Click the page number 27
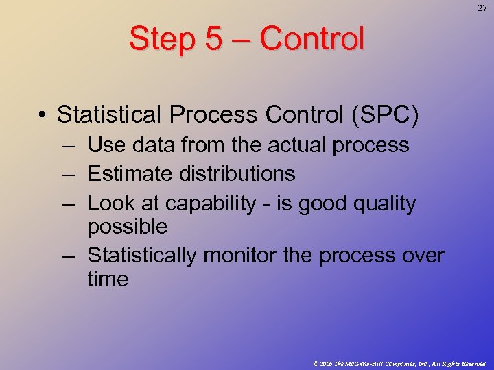click(482, 8)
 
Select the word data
click(150, 145)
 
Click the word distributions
click(237, 174)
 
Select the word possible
click(128, 226)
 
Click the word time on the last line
click(108, 279)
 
